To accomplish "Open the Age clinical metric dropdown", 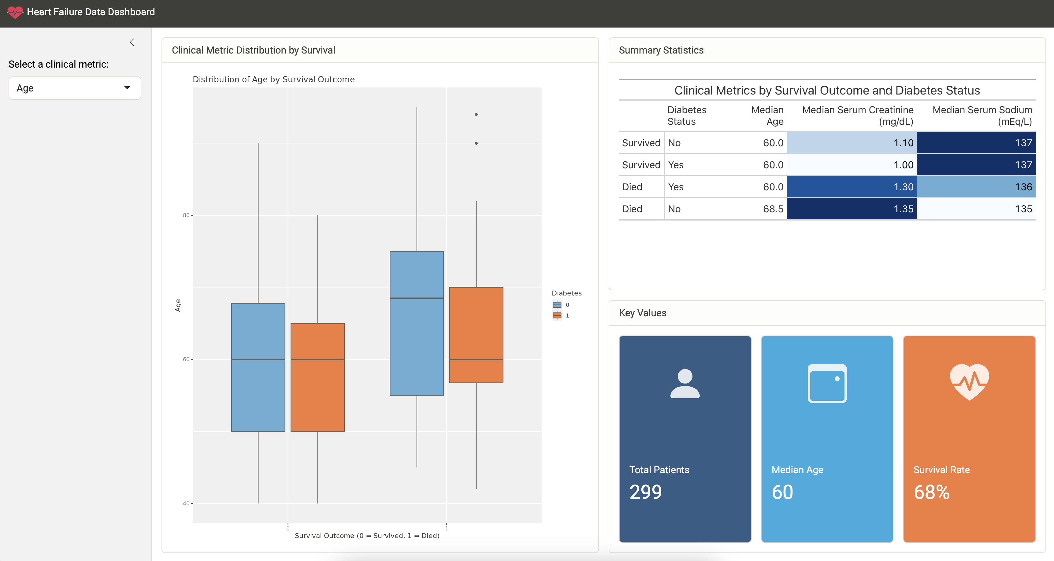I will click(x=74, y=88).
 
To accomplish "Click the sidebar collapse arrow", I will click(x=132, y=42).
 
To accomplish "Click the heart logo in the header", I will click(x=15, y=12).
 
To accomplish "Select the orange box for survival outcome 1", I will click(x=476, y=335).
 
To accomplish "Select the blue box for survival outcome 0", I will click(x=258, y=367).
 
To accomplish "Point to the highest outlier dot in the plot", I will click(x=476, y=115).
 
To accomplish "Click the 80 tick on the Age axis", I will click(x=186, y=215).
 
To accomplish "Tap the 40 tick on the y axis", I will click(x=186, y=503).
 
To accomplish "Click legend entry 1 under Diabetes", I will click(x=557, y=315).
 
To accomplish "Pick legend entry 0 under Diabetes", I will click(x=557, y=305).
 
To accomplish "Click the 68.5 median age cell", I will click(x=773, y=209).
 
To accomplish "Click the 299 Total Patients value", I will click(x=645, y=492).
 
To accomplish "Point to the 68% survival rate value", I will click(x=931, y=492).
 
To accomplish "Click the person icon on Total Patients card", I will click(x=685, y=383).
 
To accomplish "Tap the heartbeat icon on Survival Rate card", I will click(x=969, y=382).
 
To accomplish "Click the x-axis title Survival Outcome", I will click(x=367, y=536).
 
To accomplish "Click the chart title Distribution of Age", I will click(x=273, y=80).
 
